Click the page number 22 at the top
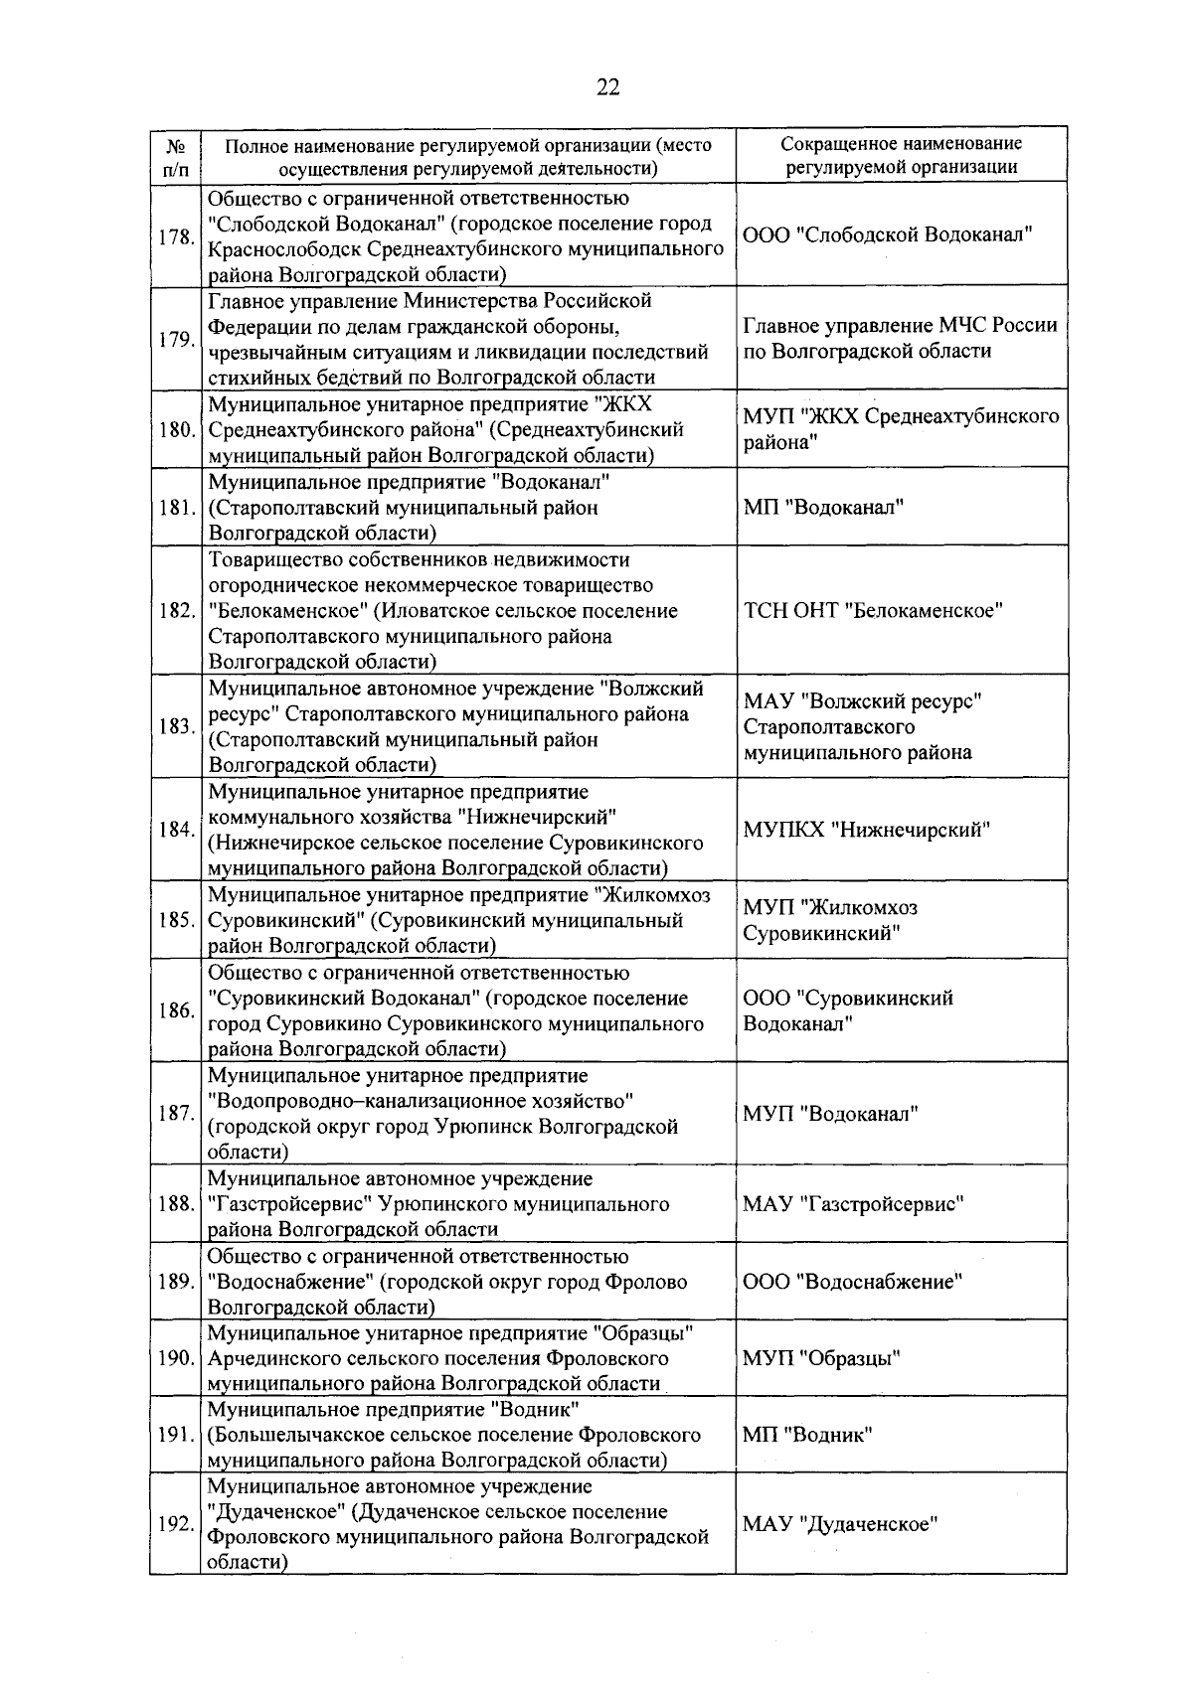pyautogui.click(x=607, y=87)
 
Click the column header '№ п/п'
pyautogui.click(x=174, y=157)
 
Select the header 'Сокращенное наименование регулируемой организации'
pyautogui.click(x=901, y=156)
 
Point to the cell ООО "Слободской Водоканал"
pyautogui.click(x=888, y=235)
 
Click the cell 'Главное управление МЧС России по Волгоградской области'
pyautogui.click(x=900, y=338)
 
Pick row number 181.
pyautogui.click(x=175, y=508)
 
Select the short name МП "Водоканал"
pyautogui.click(x=823, y=508)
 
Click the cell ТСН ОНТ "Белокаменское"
pyautogui.click(x=872, y=610)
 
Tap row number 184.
pyautogui.click(x=175, y=830)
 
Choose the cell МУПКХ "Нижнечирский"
pyautogui.click(x=866, y=830)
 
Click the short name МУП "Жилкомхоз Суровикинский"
pyautogui.click(x=830, y=920)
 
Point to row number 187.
pyautogui.click(x=175, y=1113)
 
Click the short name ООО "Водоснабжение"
pyautogui.click(x=852, y=1282)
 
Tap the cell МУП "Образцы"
pyautogui.click(x=821, y=1358)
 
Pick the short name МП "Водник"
pyautogui.click(x=807, y=1435)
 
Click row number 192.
pyautogui.click(x=175, y=1524)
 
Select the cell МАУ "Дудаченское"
pyautogui.click(x=840, y=1524)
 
